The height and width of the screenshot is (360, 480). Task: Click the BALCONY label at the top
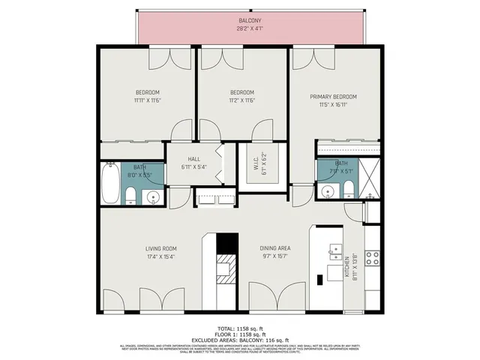[250, 20]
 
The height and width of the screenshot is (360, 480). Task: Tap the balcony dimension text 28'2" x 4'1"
[250, 29]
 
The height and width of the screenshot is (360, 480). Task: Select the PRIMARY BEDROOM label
[334, 97]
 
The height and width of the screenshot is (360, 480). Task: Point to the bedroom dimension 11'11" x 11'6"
[148, 100]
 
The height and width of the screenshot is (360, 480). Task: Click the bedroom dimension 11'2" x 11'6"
[241, 100]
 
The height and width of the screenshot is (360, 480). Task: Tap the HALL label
[193, 159]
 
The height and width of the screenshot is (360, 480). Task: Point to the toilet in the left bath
[130, 197]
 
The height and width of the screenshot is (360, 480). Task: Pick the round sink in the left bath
[152, 197]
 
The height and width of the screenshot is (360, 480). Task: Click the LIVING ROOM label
[160, 248]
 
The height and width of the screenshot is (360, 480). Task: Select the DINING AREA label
[274, 248]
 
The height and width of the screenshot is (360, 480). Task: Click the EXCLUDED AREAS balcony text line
[239, 340]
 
